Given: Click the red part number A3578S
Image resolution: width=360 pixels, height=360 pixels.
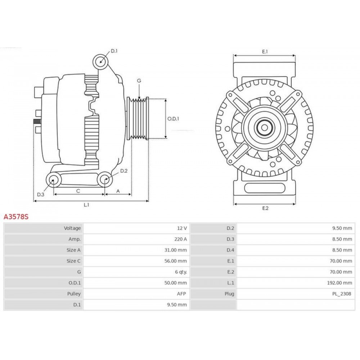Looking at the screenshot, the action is click(x=16, y=216).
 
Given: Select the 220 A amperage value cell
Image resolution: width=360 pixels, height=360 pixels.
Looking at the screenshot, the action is click(x=180, y=239).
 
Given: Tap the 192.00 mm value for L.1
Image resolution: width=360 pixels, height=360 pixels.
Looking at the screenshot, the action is click(x=339, y=283).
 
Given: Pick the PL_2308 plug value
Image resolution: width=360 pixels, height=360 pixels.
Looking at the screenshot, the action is click(x=342, y=294).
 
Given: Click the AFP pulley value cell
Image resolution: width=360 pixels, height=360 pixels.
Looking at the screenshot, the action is click(x=181, y=294).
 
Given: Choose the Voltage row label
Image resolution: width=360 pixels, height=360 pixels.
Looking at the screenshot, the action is click(x=72, y=228).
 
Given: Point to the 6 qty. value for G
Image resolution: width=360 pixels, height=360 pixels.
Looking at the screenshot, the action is click(x=181, y=272).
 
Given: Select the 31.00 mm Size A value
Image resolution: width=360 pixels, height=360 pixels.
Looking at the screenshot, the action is click(x=176, y=250).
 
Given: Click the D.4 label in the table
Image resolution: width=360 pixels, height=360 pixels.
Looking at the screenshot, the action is click(x=230, y=250).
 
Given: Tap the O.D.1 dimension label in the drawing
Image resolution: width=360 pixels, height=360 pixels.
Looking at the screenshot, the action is click(x=173, y=119).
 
